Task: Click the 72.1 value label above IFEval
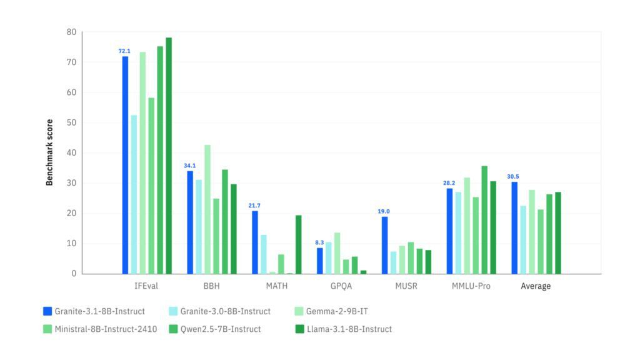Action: [x=125, y=51]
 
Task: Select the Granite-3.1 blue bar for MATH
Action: [x=255, y=242]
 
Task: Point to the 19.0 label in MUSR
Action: [x=384, y=211]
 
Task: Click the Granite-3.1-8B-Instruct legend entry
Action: [x=93, y=311]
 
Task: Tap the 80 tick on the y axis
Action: [x=72, y=32]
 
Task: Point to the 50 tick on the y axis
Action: [x=72, y=122]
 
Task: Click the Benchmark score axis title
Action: [x=49, y=152]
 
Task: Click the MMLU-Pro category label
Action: [x=471, y=286]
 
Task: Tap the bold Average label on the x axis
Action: [x=536, y=286]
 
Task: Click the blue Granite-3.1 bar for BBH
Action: [x=190, y=222]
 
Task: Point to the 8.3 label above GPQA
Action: [x=319, y=242]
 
